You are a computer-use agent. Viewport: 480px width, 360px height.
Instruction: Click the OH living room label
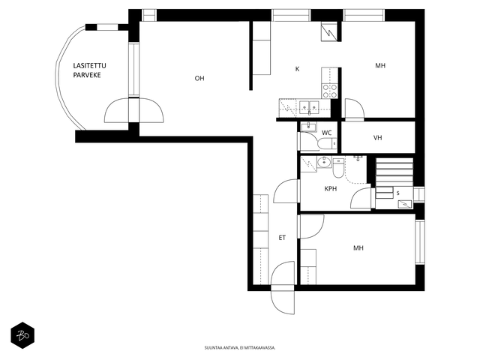coord(199,78)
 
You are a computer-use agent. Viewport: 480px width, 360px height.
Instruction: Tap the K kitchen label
coord(297,69)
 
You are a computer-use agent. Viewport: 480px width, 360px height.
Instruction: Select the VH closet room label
coord(378,138)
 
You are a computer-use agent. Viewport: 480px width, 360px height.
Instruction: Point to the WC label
coord(327,133)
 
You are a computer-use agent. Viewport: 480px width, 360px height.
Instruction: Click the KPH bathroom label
coord(331,188)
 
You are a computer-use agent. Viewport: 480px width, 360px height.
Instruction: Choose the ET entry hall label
coord(282,238)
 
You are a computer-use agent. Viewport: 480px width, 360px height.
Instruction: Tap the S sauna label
coord(398,193)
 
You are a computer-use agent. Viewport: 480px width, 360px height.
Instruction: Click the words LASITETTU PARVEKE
coord(89,70)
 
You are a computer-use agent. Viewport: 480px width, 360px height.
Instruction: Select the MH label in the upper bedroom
coord(380,65)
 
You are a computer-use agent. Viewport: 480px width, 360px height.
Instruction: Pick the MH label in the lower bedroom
coord(358,248)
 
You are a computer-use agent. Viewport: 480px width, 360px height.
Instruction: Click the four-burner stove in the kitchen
coord(330,91)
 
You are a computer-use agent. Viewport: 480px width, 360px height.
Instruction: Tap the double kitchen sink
coord(309,106)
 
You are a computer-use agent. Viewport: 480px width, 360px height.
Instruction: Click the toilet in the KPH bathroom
coord(338,168)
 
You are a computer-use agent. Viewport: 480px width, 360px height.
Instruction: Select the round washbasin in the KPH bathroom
coord(324,162)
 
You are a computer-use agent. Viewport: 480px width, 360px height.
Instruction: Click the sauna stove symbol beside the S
coord(405,204)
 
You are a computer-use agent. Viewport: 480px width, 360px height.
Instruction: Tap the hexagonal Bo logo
coord(22,335)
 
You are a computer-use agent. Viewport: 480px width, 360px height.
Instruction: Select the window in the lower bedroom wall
coord(420,241)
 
